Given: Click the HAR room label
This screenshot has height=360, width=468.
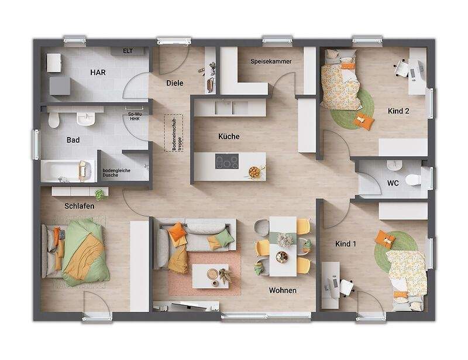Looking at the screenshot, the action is pos(98,73).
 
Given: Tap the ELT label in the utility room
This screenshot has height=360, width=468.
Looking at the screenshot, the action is pos(128,51).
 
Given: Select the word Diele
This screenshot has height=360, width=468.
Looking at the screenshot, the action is pos(175,83).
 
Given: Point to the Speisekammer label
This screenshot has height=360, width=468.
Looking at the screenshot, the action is pos(271,61).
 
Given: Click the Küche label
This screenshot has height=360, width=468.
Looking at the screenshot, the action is pos(229,136).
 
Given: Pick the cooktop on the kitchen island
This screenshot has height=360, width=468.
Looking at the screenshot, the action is pos(227,162).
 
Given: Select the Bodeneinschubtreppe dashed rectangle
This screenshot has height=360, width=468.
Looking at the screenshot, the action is pos(173,133).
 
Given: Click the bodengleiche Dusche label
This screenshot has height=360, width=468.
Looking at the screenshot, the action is pos(116,173).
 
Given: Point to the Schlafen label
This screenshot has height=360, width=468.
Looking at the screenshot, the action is pos(80,206).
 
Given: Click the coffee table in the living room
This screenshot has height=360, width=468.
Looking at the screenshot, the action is pos(211,276).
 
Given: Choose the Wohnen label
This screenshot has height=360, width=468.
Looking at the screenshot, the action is pos(283,290).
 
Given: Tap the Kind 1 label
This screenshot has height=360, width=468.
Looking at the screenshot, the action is pos(346,244).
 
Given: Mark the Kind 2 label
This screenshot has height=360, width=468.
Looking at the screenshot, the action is pos(398,111).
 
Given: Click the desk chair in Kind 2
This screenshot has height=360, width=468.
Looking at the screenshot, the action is pos(401,68).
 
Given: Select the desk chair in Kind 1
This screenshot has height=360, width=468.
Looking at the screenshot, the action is pos(346,287).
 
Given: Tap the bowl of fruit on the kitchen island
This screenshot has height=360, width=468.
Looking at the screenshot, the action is pos(254,172).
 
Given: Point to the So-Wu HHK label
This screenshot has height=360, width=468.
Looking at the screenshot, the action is pos(135,116).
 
